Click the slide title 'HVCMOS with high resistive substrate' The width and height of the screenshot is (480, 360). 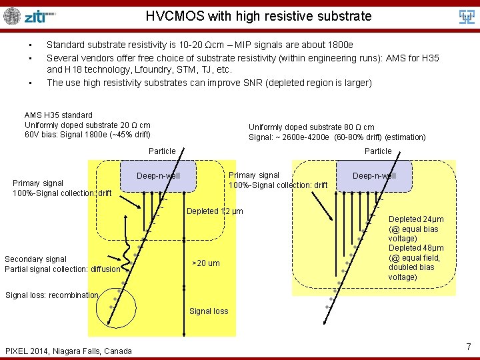(x=259, y=16)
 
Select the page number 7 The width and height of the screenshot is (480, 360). (x=469, y=347)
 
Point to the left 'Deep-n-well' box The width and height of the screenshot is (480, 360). (x=158, y=176)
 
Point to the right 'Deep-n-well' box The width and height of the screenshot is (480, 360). (x=374, y=176)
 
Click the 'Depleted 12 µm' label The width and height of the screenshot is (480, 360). (x=215, y=211)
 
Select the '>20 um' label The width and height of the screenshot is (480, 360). (x=205, y=263)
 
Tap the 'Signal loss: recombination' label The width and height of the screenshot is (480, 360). (x=52, y=295)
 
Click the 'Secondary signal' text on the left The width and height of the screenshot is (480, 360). (x=35, y=259)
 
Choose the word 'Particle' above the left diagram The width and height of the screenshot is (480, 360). (x=162, y=151)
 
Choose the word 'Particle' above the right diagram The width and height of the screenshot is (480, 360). (x=378, y=151)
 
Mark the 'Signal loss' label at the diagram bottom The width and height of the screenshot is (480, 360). (x=209, y=311)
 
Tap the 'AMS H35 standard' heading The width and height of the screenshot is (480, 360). (x=59, y=115)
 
